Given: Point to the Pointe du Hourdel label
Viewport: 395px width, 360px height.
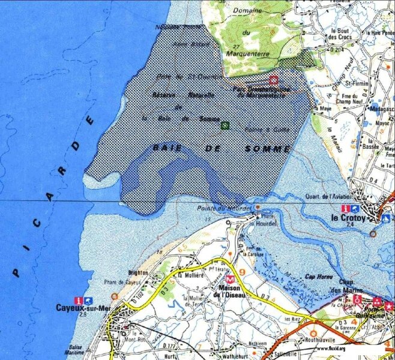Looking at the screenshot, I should tap(218, 208).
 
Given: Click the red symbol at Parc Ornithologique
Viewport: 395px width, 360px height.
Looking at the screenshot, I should tap(273, 80).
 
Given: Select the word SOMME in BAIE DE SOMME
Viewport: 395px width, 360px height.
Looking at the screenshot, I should tap(268, 148).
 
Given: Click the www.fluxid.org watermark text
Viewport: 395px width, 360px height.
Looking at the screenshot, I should tap(330, 348).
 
